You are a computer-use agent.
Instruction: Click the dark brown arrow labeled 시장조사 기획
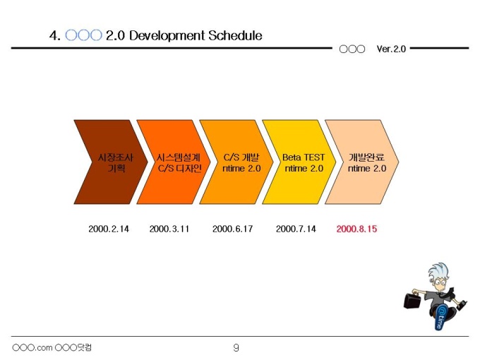point(106,162)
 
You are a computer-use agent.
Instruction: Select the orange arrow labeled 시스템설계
point(169,162)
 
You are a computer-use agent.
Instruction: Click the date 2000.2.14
point(109,229)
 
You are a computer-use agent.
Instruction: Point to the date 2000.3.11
point(169,229)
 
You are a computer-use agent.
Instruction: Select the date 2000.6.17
point(232,229)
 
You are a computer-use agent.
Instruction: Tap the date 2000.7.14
point(296,229)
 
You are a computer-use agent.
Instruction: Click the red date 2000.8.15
point(357,229)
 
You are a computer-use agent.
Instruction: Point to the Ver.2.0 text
point(391,49)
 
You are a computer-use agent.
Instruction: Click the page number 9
point(236,347)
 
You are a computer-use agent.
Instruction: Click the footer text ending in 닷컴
point(53,347)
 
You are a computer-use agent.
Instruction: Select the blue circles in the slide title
point(83,35)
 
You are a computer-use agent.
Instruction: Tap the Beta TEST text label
point(304,157)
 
